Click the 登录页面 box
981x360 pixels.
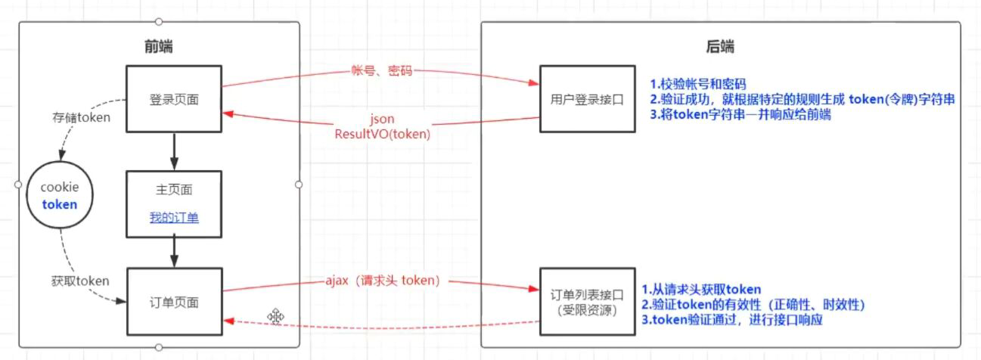[173, 99]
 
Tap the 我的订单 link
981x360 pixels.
[174, 218]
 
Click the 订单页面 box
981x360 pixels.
[174, 302]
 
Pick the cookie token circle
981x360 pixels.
[60, 195]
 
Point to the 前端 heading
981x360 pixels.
[158, 47]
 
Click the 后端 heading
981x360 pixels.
[721, 47]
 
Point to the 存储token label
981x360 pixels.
[81, 117]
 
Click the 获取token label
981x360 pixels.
[82, 281]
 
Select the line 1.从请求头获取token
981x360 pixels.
[701, 290]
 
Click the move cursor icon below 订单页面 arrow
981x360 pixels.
[275, 316]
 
